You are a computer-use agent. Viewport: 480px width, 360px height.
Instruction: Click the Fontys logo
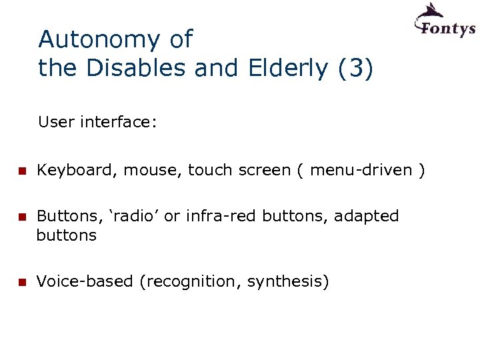[x=445, y=21]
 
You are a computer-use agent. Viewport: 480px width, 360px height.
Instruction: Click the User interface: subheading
[x=97, y=122]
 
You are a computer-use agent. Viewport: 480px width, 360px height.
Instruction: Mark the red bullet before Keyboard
[x=21, y=171]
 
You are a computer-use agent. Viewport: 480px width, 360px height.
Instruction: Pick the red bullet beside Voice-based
[x=21, y=283]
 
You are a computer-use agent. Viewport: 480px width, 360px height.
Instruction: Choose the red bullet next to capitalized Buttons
[x=21, y=217]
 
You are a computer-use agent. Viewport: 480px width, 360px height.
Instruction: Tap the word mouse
[x=155, y=171]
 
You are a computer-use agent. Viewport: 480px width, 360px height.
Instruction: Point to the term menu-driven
[x=361, y=171]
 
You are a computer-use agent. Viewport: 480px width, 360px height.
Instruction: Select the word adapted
[x=366, y=216]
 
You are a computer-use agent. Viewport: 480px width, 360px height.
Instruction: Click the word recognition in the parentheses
[x=193, y=282]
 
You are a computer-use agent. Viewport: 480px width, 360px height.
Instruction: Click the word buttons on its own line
[x=66, y=235]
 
